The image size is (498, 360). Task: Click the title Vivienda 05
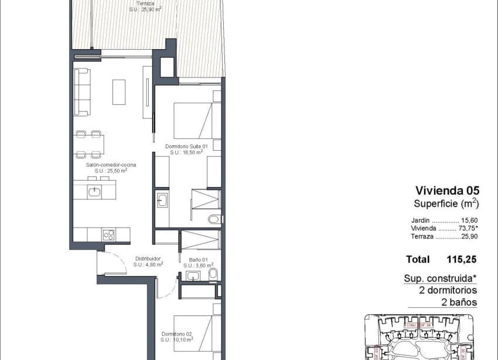coord(447,190)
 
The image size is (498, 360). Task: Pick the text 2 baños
coord(459,303)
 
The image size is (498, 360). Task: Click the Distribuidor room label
coord(148,259)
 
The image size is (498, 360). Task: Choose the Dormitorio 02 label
coord(178,334)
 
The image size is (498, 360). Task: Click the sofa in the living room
coord(82,92)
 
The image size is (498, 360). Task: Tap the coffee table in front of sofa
coord(119,92)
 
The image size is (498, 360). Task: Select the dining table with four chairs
coord(89,144)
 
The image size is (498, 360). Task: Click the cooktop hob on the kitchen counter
coord(108,235)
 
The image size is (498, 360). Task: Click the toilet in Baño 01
coord(213,274)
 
